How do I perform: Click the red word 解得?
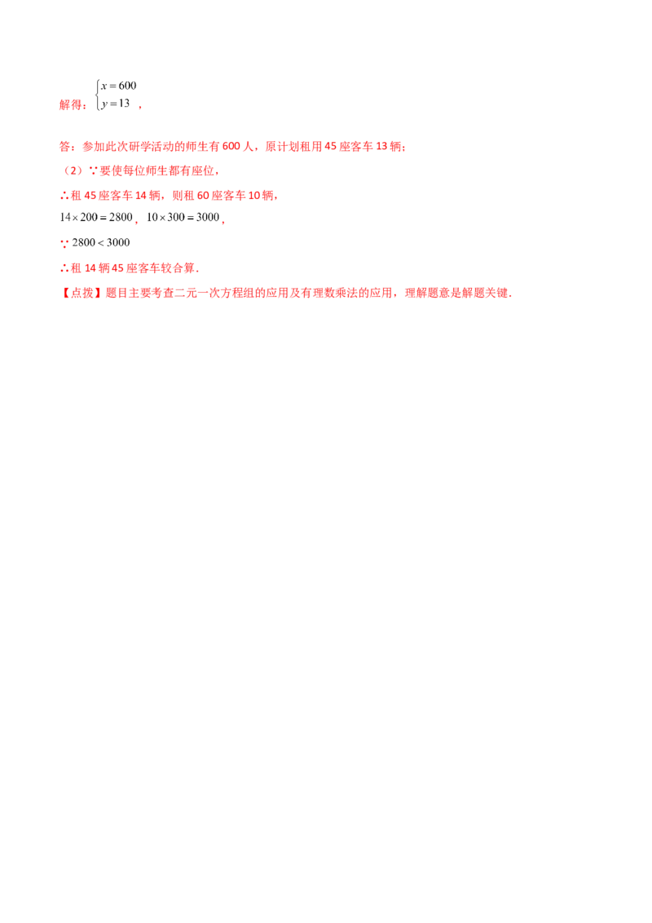[x=70, y=105]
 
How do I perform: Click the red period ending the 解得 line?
[x=141, y=107]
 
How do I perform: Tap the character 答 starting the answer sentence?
[x=62, y=148]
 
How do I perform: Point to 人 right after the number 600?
[x=244, y=148]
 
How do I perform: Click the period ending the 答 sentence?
[x=407, y=149]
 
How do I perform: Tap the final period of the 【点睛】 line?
[x=512, y=295]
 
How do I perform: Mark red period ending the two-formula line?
[x=224, y=220]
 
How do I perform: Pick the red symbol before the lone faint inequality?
[x=62, y=242]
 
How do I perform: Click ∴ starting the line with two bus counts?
[x=62, y=197]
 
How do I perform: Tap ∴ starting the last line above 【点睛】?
[x=62, y=268]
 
